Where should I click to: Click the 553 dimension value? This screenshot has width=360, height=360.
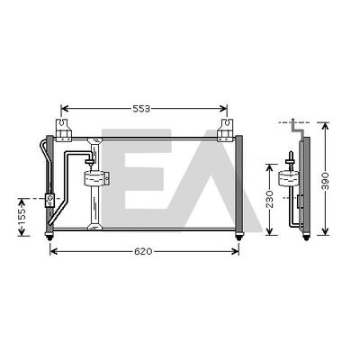[141, 109]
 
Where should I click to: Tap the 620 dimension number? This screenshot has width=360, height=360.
[143, 252]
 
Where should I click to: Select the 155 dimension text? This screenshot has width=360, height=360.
[22, 216]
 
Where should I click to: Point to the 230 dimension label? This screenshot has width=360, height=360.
[270, 199]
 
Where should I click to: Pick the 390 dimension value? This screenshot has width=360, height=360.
[325, 181]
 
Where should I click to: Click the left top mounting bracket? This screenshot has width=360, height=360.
[63, 130]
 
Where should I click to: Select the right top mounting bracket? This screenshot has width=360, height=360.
[225, 130]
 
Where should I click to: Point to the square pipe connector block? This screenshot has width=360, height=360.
[49, 201]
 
